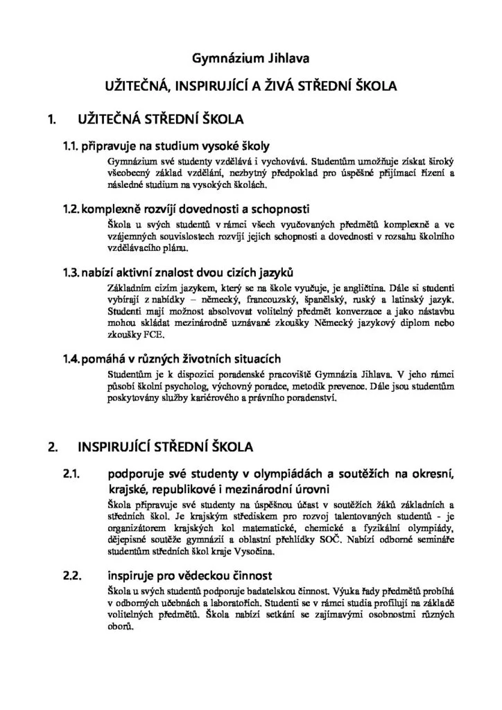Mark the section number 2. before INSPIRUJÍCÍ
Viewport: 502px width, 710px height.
(x=51, y=446)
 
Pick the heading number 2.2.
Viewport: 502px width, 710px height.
(x=73, y=575)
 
